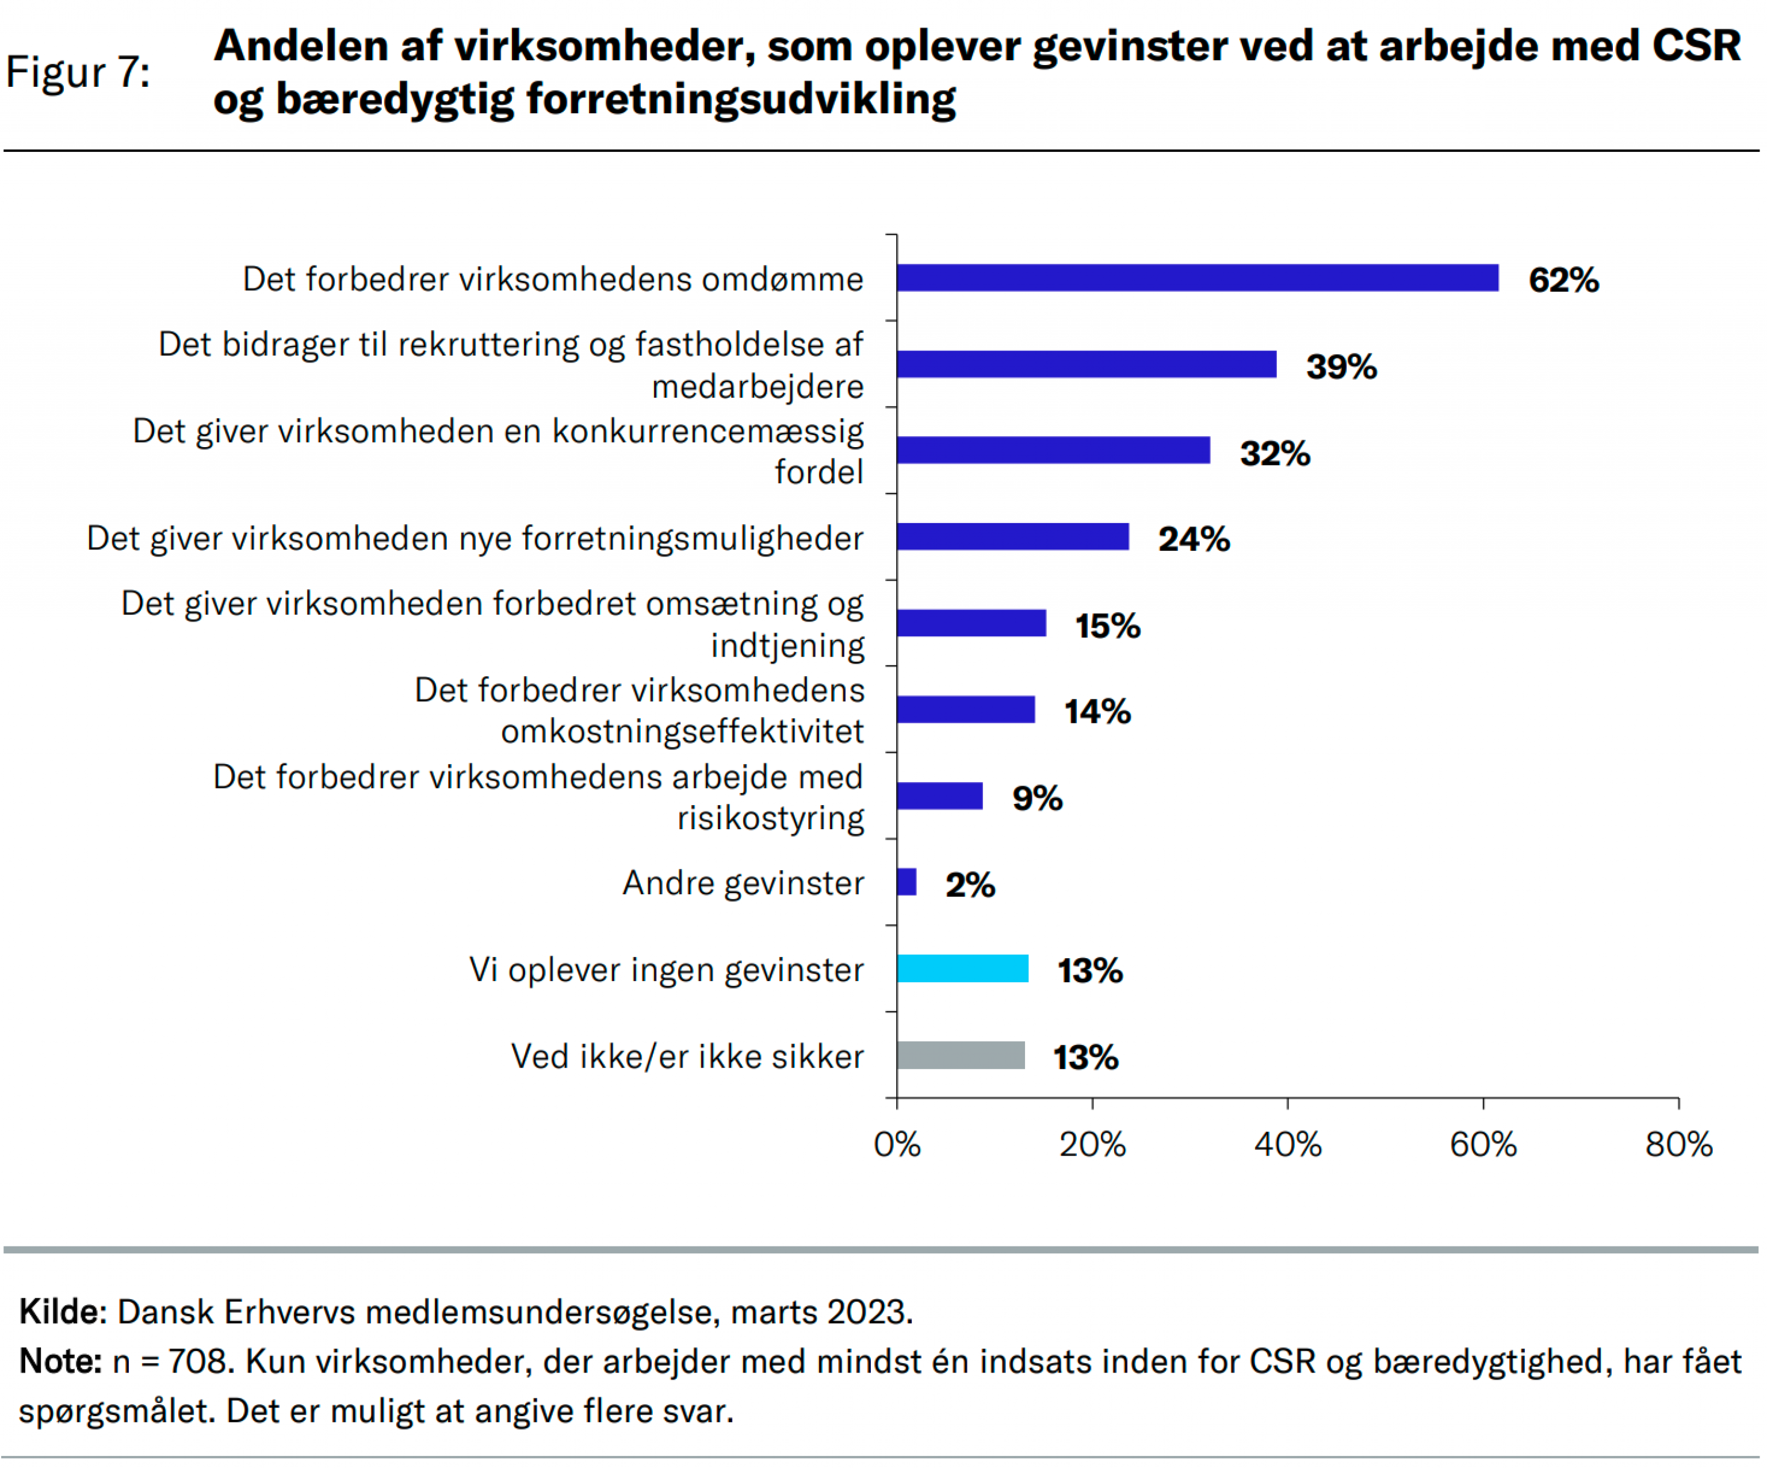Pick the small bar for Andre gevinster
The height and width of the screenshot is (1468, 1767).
(906, 882)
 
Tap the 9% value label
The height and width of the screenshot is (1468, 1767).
(1037, 798)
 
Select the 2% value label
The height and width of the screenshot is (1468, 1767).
(969, 884)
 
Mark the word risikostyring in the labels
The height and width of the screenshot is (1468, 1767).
(770, 818)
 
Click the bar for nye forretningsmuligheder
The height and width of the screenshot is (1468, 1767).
(1012, 537)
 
